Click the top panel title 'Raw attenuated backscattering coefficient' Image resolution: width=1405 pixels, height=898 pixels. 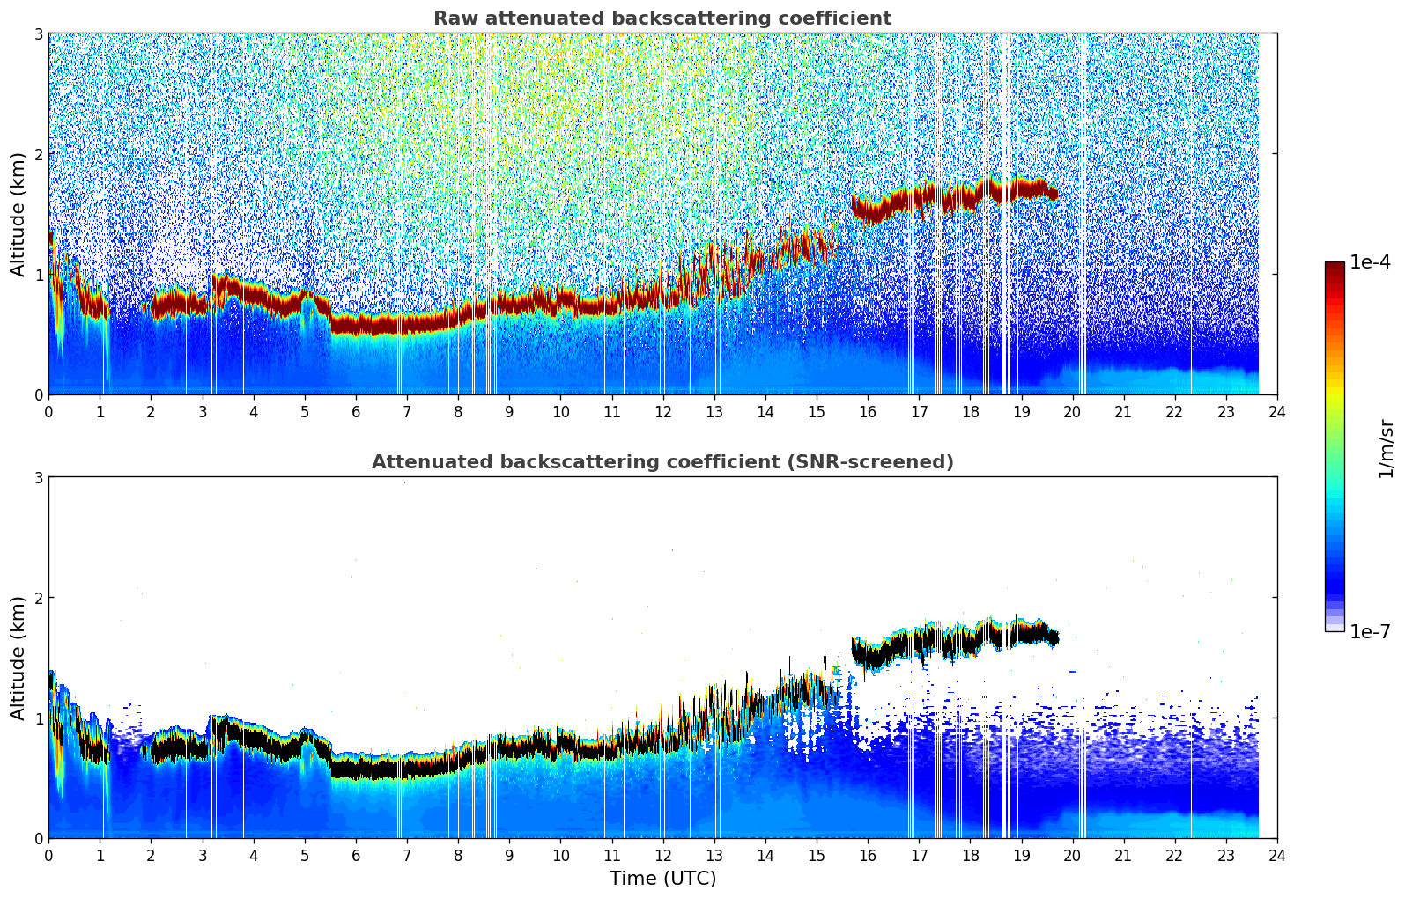click(x=662, y=18)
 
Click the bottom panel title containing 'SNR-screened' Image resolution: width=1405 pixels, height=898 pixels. click(x=662, y=462)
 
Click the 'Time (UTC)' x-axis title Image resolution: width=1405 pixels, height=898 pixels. click(x=662, y=878)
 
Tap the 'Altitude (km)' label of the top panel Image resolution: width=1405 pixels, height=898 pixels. click(x=18, y=214)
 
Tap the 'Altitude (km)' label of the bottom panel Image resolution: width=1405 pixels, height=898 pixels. click(x=18, y=658)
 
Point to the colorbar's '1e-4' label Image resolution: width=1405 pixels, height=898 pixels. click(x=1370, y=262)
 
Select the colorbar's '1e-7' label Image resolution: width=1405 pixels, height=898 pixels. click(x=1370, y=632)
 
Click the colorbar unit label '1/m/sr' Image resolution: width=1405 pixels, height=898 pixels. click(x=1386, y=448)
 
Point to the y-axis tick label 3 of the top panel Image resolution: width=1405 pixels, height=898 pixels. click(x=39, y=33)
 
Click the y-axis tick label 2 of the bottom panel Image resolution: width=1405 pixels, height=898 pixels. click(x=39, y=598)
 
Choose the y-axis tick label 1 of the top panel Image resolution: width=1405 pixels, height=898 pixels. click(x=39, y=275)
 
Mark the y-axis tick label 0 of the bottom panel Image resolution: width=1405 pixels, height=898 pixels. click(x=39, y=838)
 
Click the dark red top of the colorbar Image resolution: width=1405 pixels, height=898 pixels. click(x=1334, y=266)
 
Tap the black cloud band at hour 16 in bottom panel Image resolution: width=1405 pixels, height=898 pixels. click(x=868, y=654)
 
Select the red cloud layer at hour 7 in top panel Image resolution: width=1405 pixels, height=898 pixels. click(x=407, y=324)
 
